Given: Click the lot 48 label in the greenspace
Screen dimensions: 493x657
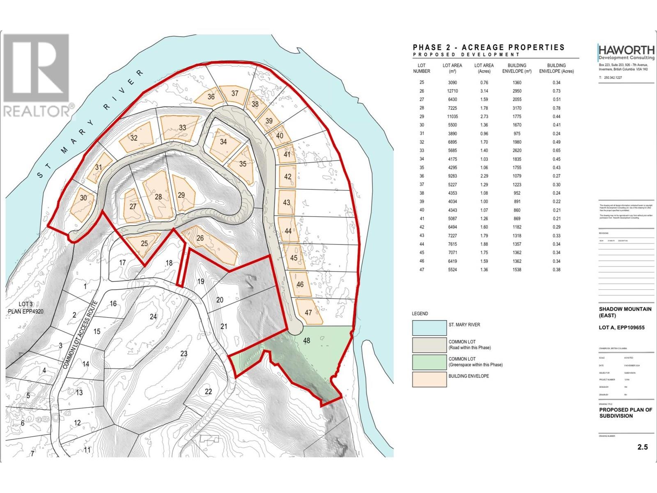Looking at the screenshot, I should pos(307,341).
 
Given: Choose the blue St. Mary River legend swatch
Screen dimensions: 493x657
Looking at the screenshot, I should pos(429,328).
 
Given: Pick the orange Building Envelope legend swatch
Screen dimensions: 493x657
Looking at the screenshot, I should pos(429,379).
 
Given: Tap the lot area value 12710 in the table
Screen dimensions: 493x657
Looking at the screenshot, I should pos(452,91).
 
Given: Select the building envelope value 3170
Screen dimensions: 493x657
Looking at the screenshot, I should pos(517,108).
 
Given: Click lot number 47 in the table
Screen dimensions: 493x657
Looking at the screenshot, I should pos(422,270).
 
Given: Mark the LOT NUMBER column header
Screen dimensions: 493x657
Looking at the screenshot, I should pos(422,68).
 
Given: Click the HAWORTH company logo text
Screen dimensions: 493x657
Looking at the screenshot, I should pos(626,50).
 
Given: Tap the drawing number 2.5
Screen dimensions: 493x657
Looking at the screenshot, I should pos(643,447).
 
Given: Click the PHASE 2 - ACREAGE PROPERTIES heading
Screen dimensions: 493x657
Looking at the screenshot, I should pos(489,48).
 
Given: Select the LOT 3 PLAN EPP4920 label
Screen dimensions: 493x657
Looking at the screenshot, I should pos(25,308).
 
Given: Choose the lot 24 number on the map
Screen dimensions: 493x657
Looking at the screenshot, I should pos(153,317).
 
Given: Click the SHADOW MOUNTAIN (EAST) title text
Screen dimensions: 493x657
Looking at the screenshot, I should pos(625,312).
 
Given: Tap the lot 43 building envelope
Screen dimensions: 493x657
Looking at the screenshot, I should pos(287,202).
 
